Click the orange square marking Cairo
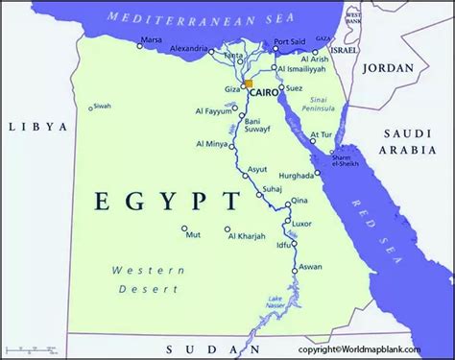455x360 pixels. pyautogui.click(x=249, y=84)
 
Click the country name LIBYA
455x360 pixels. pyautogui.click(x=37, y=126)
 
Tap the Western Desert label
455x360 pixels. pyautogui.click(x=147, y=279)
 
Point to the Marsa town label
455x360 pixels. pyautogui.click(x=151, y=41)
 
